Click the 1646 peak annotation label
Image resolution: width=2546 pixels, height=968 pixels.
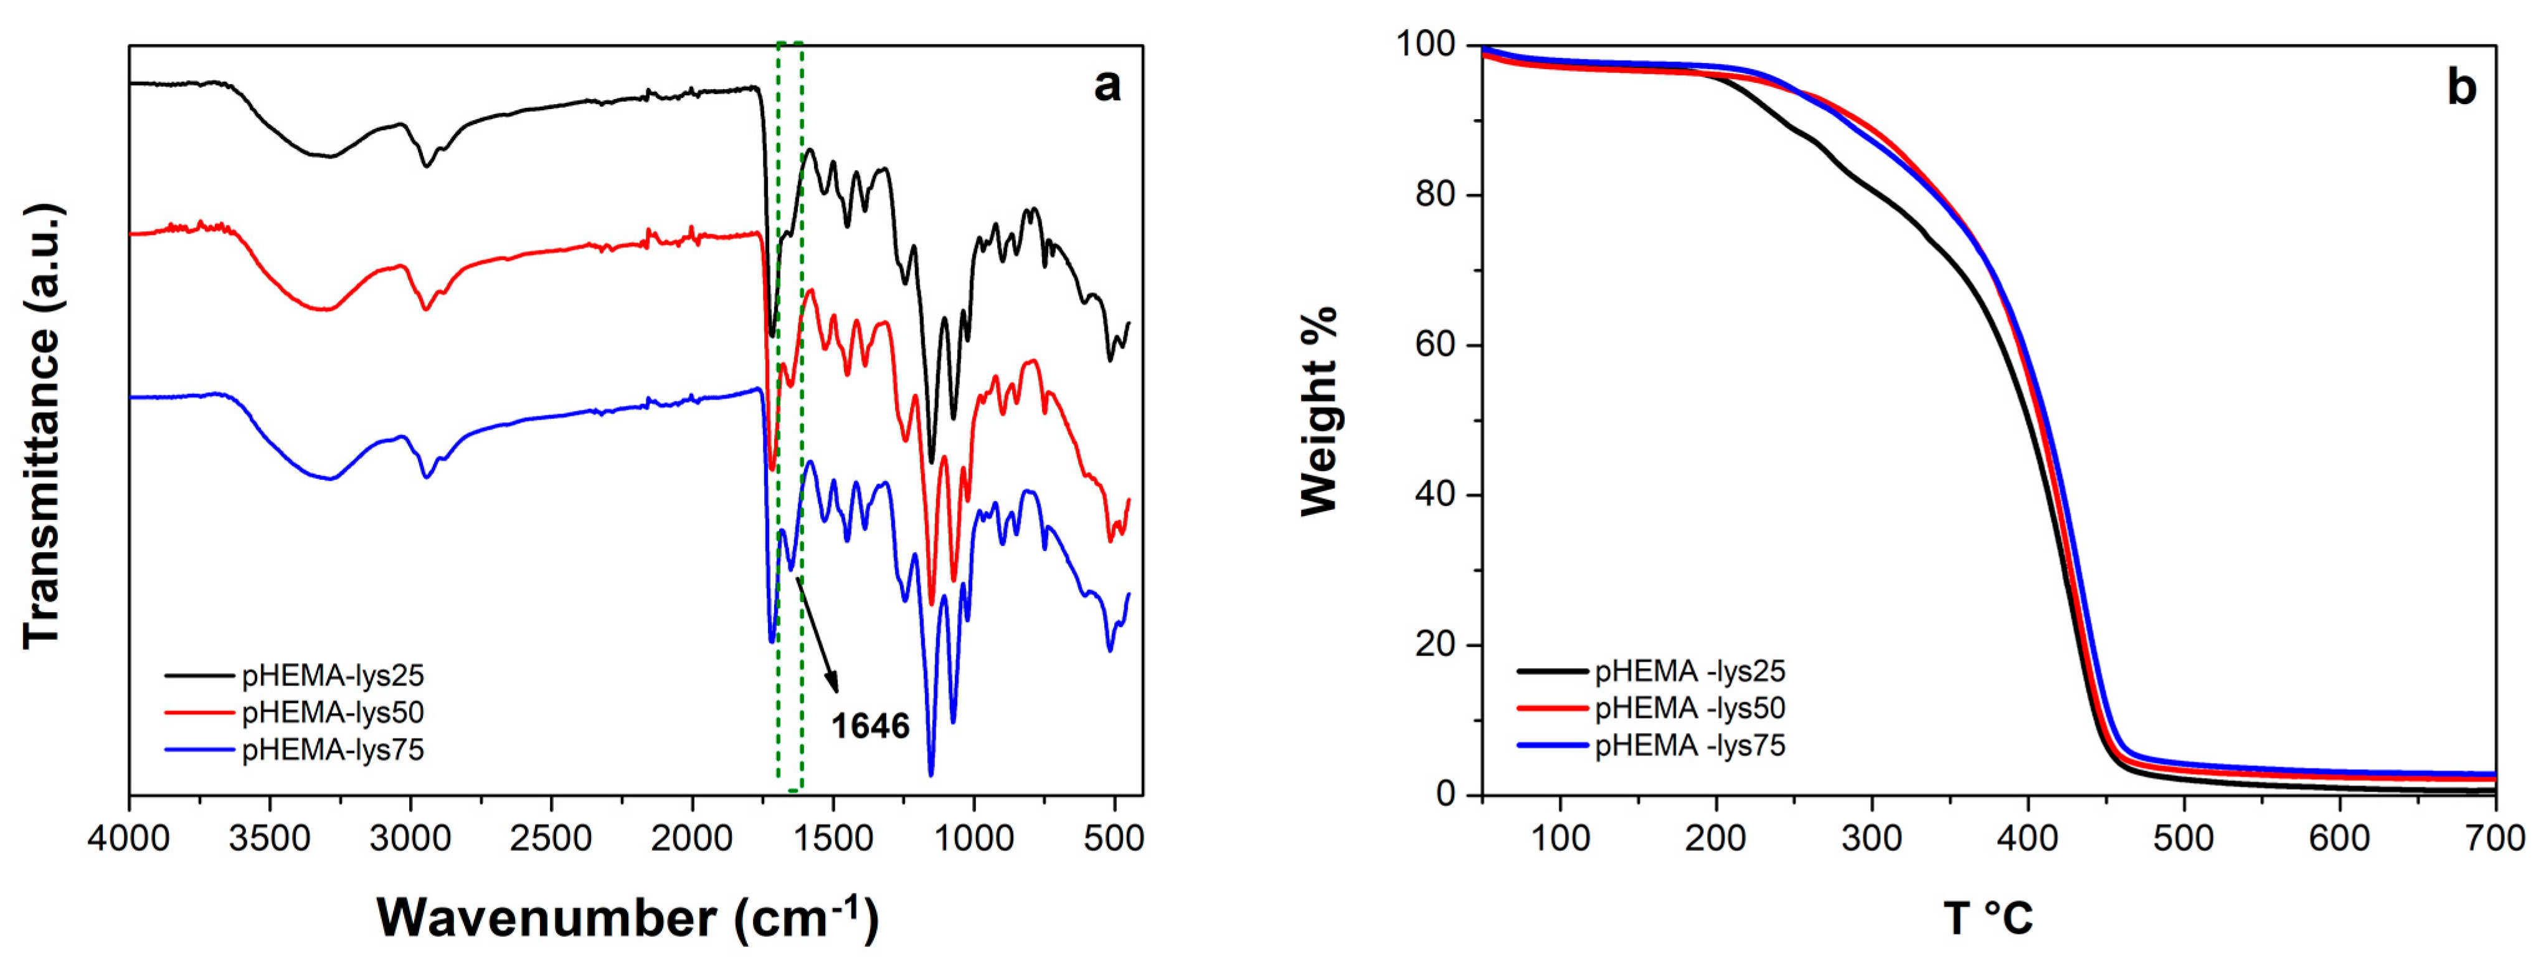pos(870,727)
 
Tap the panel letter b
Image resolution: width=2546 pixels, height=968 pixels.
pos(2461,89)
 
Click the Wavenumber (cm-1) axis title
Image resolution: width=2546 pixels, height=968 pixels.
pos(628,918)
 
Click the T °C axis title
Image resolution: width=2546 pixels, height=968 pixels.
pos(1989,918)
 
